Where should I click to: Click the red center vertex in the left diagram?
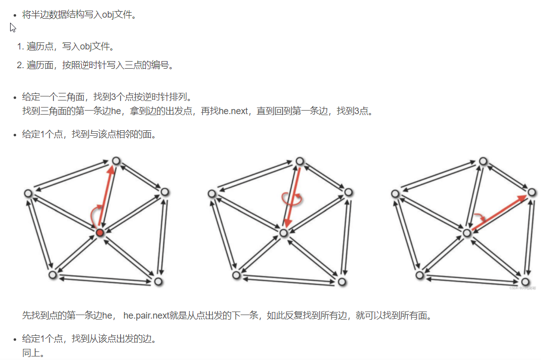(100, 232)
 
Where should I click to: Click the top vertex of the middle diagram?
(300, 161)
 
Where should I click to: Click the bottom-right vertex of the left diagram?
(158, 281)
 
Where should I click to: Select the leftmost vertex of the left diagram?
(29, 193)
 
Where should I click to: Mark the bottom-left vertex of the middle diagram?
(236, 275)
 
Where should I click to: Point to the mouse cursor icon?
(13, 28)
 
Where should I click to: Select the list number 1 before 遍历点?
(20, 47)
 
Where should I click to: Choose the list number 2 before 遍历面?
(20, 65)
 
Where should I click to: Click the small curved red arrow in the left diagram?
(94, 216)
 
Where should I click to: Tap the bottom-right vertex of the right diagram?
(526, 281)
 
